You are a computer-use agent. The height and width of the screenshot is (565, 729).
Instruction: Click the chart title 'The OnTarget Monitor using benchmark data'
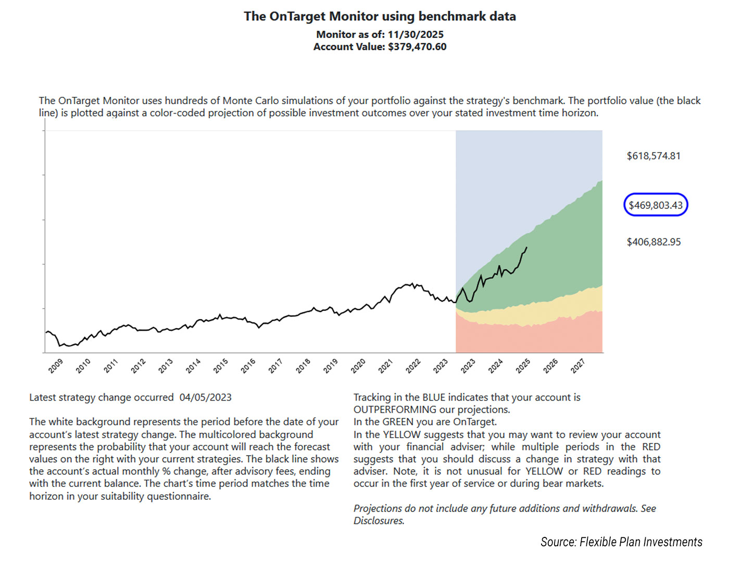380,17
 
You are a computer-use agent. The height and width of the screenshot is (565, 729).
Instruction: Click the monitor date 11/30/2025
416,34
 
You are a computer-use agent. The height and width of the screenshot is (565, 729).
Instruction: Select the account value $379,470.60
417,47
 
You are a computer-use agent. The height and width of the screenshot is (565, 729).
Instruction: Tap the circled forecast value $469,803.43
656,205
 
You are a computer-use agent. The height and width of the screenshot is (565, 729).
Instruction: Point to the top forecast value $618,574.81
653,156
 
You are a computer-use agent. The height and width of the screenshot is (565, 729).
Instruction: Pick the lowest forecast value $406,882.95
653,242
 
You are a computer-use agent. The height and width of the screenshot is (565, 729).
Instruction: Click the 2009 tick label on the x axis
56,366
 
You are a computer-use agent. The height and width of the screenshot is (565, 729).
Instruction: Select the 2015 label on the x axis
221,366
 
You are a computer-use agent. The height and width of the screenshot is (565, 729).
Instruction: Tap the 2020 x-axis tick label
358,366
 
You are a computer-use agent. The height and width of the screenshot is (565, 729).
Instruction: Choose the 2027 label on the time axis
578,366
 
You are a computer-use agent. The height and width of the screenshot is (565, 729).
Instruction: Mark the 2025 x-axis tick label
523,366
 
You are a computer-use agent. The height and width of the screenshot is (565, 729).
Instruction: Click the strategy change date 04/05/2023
206,397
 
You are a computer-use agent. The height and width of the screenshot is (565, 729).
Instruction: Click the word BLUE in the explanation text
434,397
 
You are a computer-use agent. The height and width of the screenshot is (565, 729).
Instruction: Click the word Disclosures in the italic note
379,521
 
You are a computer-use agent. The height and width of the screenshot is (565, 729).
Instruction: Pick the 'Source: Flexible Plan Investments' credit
621,542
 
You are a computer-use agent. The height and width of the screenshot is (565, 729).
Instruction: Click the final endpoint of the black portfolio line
527,247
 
